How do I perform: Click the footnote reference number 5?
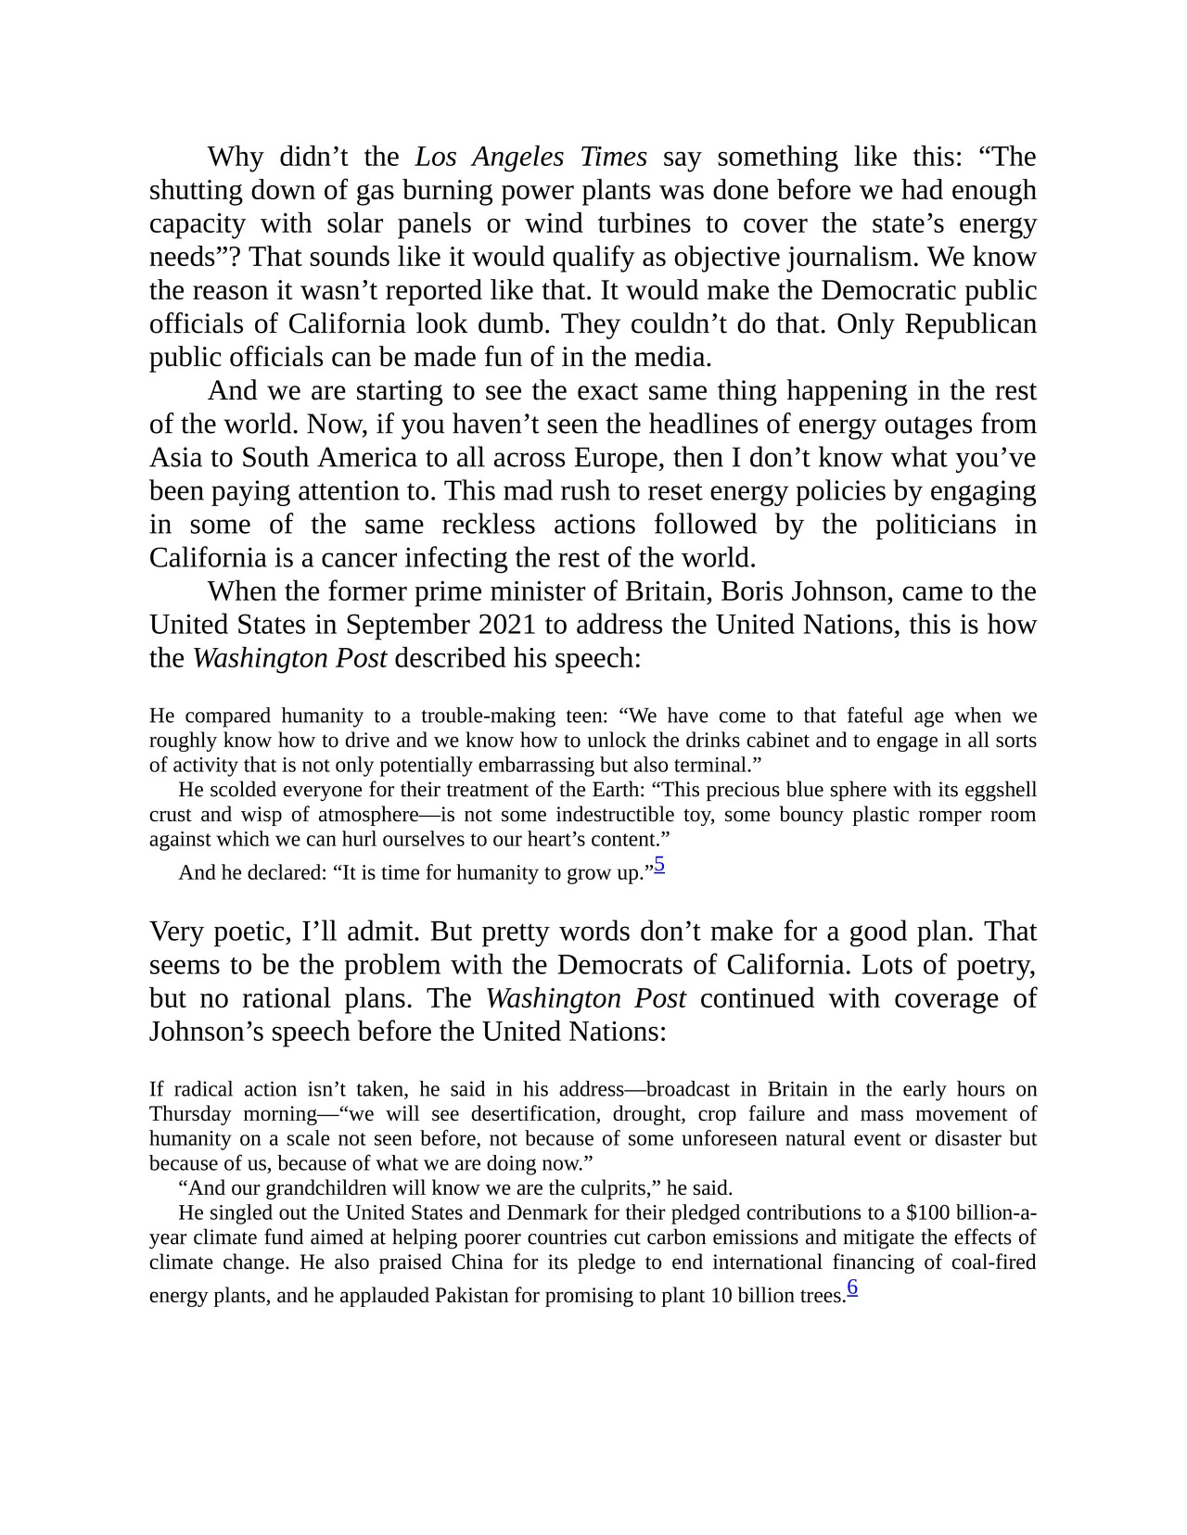click(659, 865)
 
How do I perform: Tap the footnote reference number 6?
click(852, 1288)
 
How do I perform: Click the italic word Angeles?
click(517, 157)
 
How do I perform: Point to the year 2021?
click(507, 625)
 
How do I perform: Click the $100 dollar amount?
click(927, 1212)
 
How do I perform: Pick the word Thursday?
click(190, 1114)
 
